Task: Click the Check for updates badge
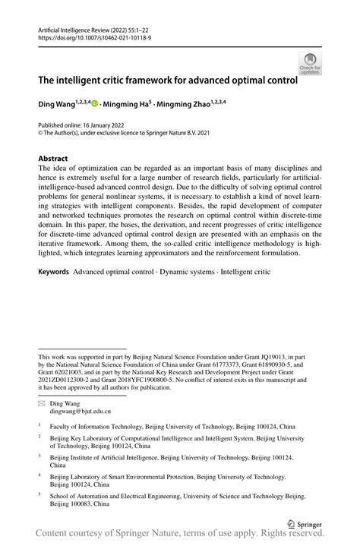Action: tap(309, 63)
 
